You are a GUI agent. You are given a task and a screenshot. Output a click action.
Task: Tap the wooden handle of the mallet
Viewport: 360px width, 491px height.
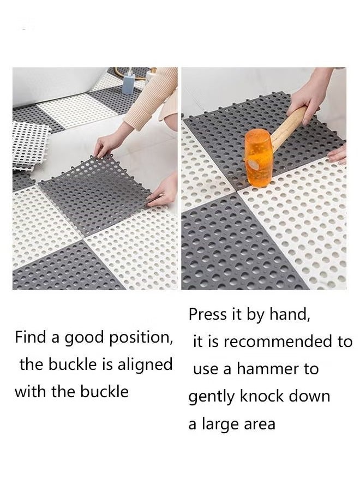click(290, 131)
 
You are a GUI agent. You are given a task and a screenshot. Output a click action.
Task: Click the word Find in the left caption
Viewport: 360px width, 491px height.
click(31, 337)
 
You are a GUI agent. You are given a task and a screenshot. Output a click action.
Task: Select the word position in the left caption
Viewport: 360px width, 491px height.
click(141, 338)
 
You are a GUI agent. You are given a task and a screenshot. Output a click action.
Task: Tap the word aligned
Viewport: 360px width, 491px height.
click(146, 364)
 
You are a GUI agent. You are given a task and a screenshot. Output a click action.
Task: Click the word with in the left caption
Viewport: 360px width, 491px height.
click(31, 391)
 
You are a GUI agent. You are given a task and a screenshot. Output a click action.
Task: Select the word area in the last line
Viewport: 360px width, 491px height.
click(260, 424)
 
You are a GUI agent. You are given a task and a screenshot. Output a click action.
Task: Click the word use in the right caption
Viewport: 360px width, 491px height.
click(206, 369)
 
